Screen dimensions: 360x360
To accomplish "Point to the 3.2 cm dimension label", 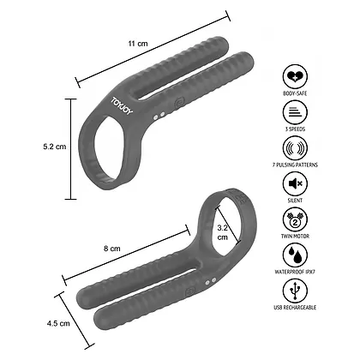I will tap(222, 234).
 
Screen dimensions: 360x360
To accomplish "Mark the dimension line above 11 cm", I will tap(153, 49).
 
